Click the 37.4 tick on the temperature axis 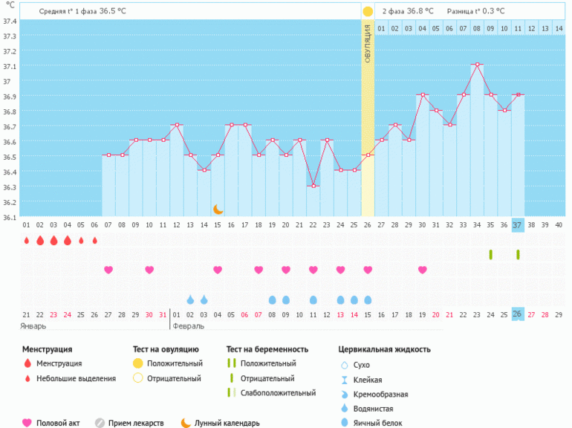10,20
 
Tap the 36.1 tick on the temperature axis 10,217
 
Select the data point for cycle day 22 313,186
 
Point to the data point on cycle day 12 176,125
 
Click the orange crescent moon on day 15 218,210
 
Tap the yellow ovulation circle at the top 368,11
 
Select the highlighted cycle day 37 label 518,224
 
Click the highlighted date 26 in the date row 518,314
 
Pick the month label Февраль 187,325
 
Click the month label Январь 34,325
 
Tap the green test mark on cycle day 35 490,254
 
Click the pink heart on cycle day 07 108,270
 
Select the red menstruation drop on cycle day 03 53,240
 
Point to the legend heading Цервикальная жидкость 384,349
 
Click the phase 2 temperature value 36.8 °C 422,11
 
